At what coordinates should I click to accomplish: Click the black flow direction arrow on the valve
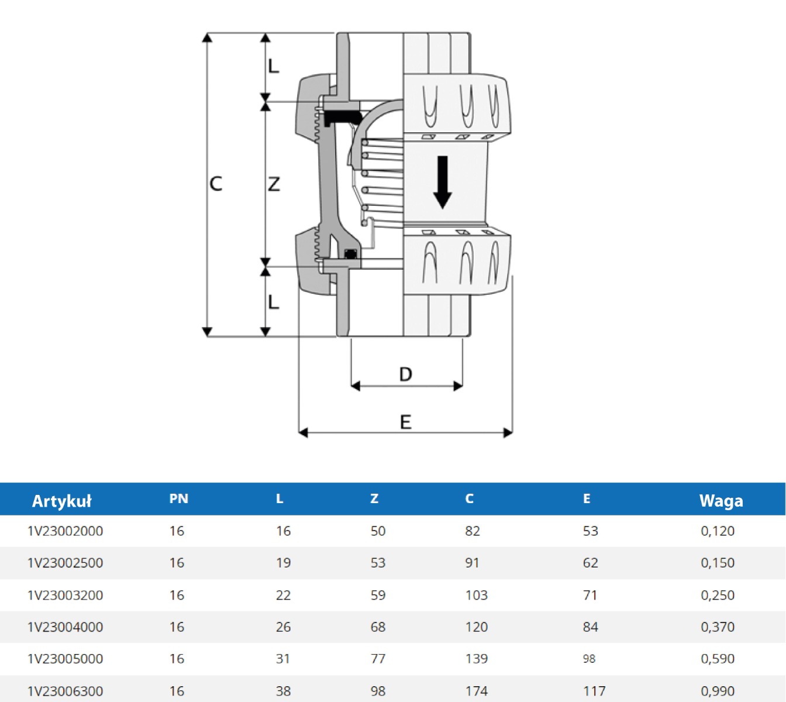pyautogui.click(x=442, y=182)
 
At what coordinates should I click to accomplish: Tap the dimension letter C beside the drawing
pyautogui.click(x=216, y=184)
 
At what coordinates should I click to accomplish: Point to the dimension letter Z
pyautogui.click(x=274, y=184)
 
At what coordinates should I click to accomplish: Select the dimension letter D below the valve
pyautogui.click(x=405, y=374)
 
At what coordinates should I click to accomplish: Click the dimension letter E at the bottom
pyautogui.click(x=405, y=422)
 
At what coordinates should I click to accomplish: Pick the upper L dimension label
pyautogui.click(x=274, y=66)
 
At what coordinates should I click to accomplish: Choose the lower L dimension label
pyautogui.click(x=274, y=302)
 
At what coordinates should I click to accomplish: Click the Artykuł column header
pyautogui.click(x=61, y=501)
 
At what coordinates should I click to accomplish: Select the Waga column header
pyautogui.click(x=721, y=500)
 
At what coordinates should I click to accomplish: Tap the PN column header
pyautogui.click(x=179, y=499)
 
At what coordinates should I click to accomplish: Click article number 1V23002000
pyautogui.click(x=65, y=531)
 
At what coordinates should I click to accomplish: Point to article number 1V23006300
pyautogui.click(x=65, y=691)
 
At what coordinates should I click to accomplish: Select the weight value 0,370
pyautogui.click(x=718, y=627)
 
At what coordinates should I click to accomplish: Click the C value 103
pyautogui.click(x=476, y=595)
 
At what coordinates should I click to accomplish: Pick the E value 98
pyautogui.click(x=589, y=659)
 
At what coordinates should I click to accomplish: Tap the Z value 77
pyautogui.click(x=378, y=659)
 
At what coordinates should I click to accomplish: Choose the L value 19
pyautogui.click(x=283, y=563)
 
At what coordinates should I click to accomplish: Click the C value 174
pyautogui.click(x=476, y=691)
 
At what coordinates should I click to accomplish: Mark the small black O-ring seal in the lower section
pyautogui.click(x=351, y=254)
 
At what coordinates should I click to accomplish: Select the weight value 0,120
pyautogui.click(x=718, y=531)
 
